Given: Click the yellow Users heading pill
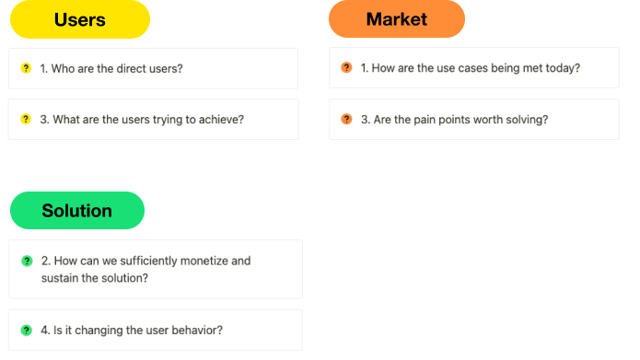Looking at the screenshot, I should point(80,19).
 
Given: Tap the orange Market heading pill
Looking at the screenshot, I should point(397,19).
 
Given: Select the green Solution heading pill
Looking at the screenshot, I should point(77,211).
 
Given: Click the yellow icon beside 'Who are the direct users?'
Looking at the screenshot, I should point(26,68).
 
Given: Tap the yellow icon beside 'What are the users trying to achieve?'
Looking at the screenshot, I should point(26,119).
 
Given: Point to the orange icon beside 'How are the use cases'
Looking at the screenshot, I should point(346,67).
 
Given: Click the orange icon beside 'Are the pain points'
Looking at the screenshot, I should point(346,119).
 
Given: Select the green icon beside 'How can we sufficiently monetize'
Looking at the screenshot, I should point(27,261).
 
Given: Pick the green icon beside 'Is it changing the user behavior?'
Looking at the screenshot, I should point(27,331).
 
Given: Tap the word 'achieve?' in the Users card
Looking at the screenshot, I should point(220,119).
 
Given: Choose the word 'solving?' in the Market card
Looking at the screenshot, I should point(525,119).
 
